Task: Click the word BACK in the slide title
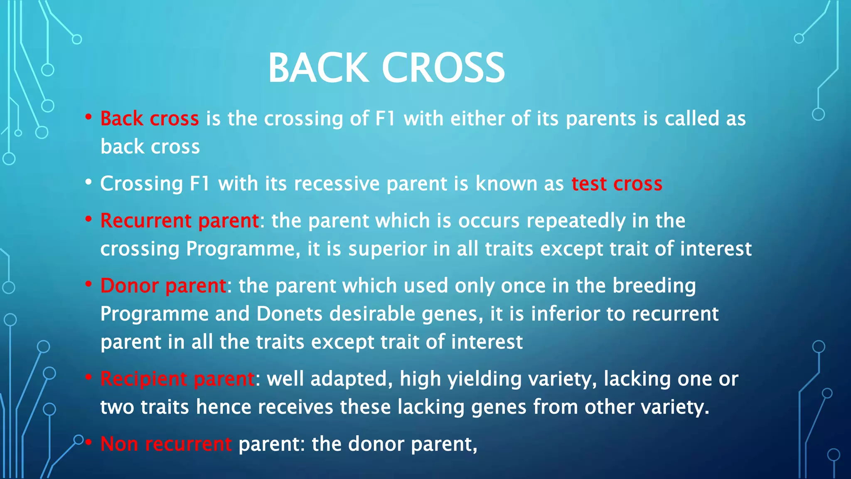[x=318, y=68]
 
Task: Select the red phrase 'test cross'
[x=617, y=184]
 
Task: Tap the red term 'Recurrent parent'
[x=180, y=221]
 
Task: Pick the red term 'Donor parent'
[x=163, y=286]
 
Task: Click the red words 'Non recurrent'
[x=166, y=444]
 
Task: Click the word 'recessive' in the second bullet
[x=337, y=184]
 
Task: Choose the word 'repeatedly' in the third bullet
[x=576, y=221]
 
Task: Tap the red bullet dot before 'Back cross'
[x=88, y=117]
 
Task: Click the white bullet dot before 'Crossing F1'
[x=88, y=182]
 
